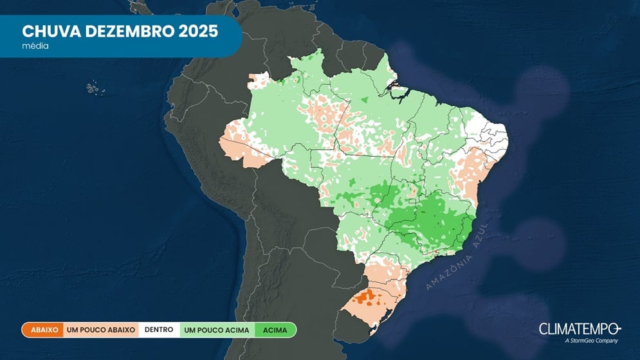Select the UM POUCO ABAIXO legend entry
pyautogui.click(x=100, y=330)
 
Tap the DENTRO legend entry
pyautogui.click(x=158, y=330)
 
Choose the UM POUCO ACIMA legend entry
pyautogui.click(x=216, y=330)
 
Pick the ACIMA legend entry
pyautogui.click(x=275, y=330)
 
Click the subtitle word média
pyautogui.click(x=35, y=47)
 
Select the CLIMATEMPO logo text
pyautogui.click(x=580, y=328)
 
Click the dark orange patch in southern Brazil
pyautogui.click(x=368, y=297)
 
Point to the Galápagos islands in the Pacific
pyautogui.click(x=93, y=85)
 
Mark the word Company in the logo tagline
pyautogui.click(x=608, y=341)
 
